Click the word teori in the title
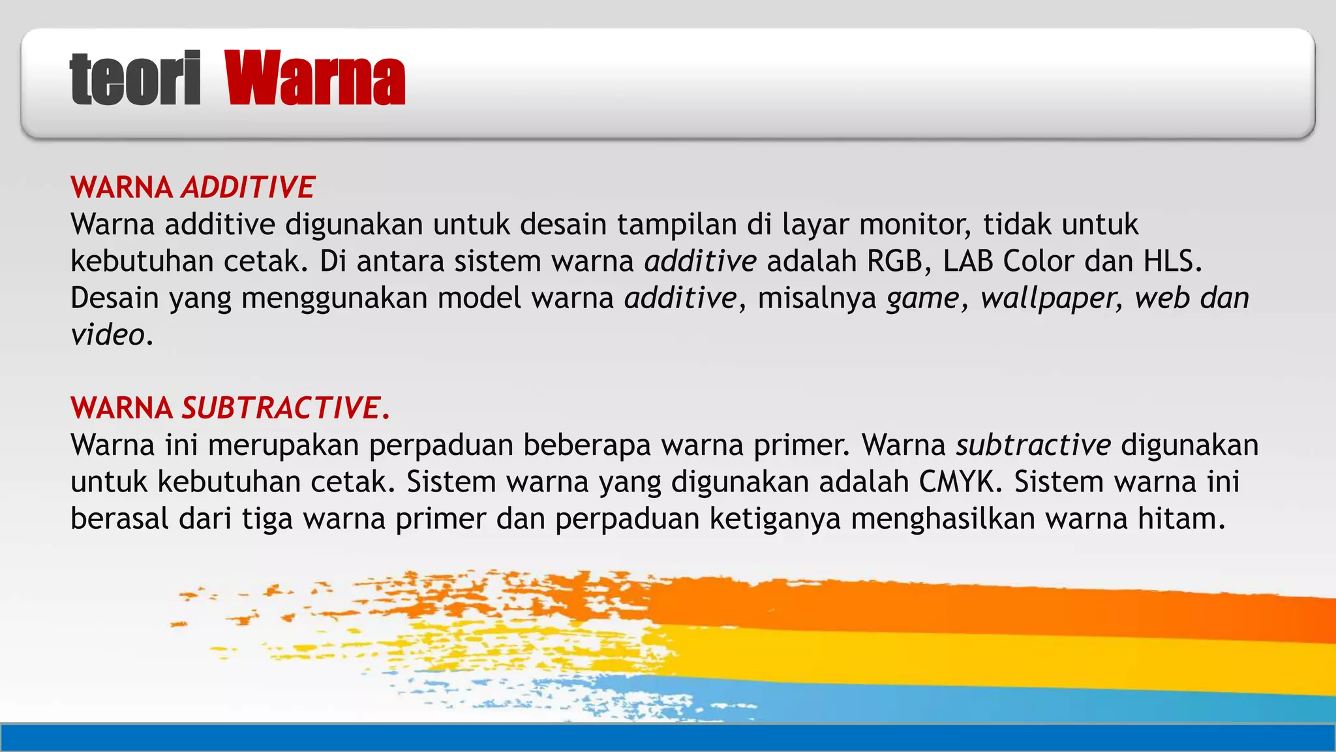tap(135, 78)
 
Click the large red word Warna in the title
tap(315, 78)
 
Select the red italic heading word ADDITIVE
tap(249, 187)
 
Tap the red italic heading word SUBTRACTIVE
tap(281, 408)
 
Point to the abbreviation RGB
tap(895, 261)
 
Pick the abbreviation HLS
tap(1170, 261)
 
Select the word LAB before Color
tap(967, 261)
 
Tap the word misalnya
tap(817, 298)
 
